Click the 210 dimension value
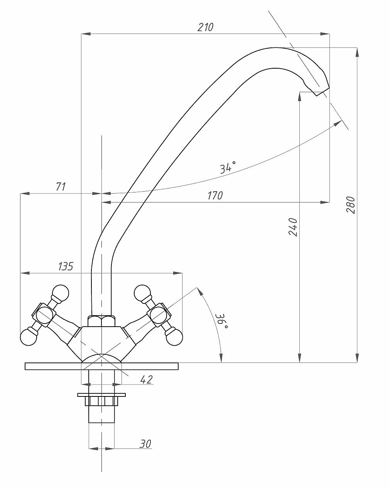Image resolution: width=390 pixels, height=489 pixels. coord(205,27)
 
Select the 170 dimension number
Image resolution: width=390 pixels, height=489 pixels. coord(215,196)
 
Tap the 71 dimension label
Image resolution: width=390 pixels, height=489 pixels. coord(61,187)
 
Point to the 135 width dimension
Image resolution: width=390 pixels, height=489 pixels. coord(66,266)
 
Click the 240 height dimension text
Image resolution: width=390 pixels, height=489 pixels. coord(293,227)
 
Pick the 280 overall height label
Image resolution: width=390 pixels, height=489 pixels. coord(350,205)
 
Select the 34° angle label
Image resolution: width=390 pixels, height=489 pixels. coord(228,167)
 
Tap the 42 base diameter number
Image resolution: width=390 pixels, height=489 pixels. coord(147,379)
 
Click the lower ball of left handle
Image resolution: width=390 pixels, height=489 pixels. coord(29,337)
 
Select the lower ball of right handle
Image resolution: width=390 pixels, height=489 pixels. coord(174,337)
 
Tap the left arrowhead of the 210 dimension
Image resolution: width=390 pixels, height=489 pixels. coord(86,34)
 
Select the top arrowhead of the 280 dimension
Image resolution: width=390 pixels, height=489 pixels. coord(357,52)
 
